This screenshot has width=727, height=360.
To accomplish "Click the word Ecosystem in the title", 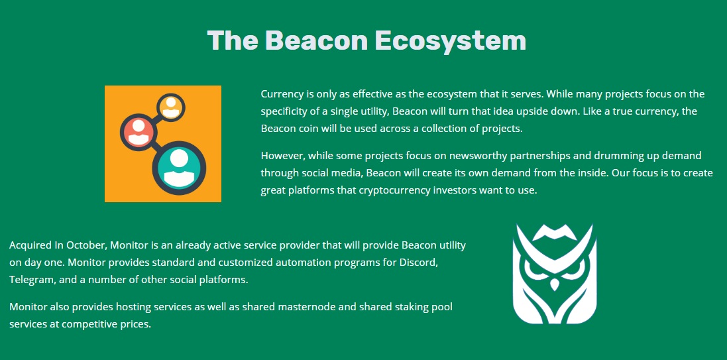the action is pyautogui.click(x=450, y=41).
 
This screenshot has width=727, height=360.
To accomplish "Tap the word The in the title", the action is pyautogui.click(x=233, y=40).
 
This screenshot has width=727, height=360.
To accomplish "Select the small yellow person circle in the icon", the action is pyautogui.click(x=171, y=107).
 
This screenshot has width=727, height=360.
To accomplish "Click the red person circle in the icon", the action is pyautogui.click(x=138, y=131).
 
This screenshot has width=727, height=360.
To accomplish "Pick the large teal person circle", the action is pyautogui.click(x=179, y=168).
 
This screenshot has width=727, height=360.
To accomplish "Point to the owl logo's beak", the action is pyautogui.click(x=555, y=283).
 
